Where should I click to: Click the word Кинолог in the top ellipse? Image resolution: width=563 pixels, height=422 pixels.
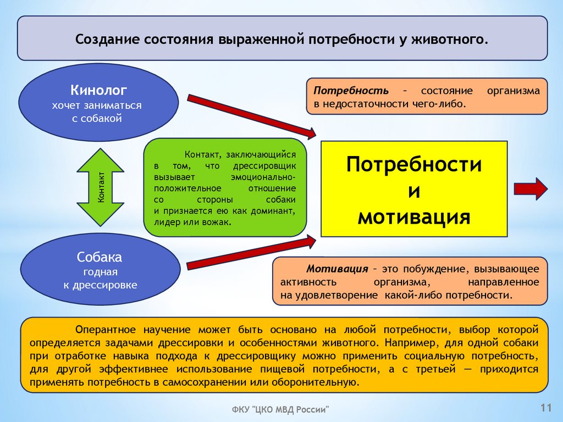pos(99,90)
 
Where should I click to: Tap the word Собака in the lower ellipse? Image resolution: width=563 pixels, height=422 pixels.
pos(100,257)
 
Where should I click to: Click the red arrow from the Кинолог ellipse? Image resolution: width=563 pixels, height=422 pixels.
pos(252,116)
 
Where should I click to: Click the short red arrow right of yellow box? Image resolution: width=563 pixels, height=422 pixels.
pos(531,188)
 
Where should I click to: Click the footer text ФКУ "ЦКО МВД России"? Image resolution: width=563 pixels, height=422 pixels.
pos(280,409)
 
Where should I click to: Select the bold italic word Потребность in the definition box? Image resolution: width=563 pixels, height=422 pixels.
pos(351,90)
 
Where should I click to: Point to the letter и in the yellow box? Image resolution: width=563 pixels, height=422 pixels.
pos(413,191)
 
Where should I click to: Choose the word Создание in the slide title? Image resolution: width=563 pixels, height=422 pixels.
pos(107,40)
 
